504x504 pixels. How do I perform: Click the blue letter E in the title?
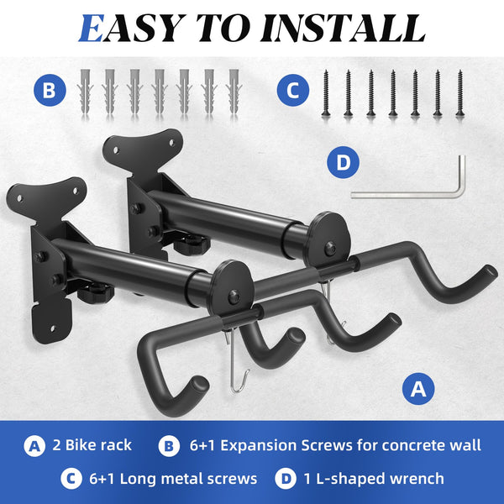tap(93, 28)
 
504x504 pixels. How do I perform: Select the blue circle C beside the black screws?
tap(292, 90)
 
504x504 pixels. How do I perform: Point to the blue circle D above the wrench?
tap(341, 163)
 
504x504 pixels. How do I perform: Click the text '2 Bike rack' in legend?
tap(92, 444)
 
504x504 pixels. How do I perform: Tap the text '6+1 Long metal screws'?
tap(171, 479)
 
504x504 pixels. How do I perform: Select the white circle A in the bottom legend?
tap(34, 444)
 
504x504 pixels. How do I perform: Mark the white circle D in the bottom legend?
tap(286, 479)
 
